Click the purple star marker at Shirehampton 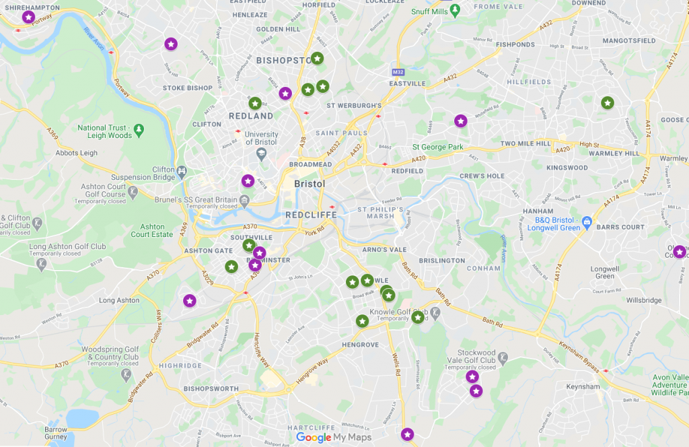click(x=28, y=17)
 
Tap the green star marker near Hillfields click(x=607, y=102)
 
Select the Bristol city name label click(x=310, y=184)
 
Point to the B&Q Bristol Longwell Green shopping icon click(x=587, y=221)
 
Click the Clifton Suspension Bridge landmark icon click(x=181, y=171)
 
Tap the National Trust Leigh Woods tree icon click(x=139, y=128)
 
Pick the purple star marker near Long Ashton click(x=190, y=300)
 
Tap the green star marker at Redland click(x=255, y=103)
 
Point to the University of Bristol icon click(x=261, y=154)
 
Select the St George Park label click(x=437, y=147)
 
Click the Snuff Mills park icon click(x=455, y=9)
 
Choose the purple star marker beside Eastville click(x=460, y=121)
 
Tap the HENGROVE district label click(x=360, y=345)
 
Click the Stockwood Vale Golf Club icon click(x=503, y=356)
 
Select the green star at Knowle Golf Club click(x=418, y=316)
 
